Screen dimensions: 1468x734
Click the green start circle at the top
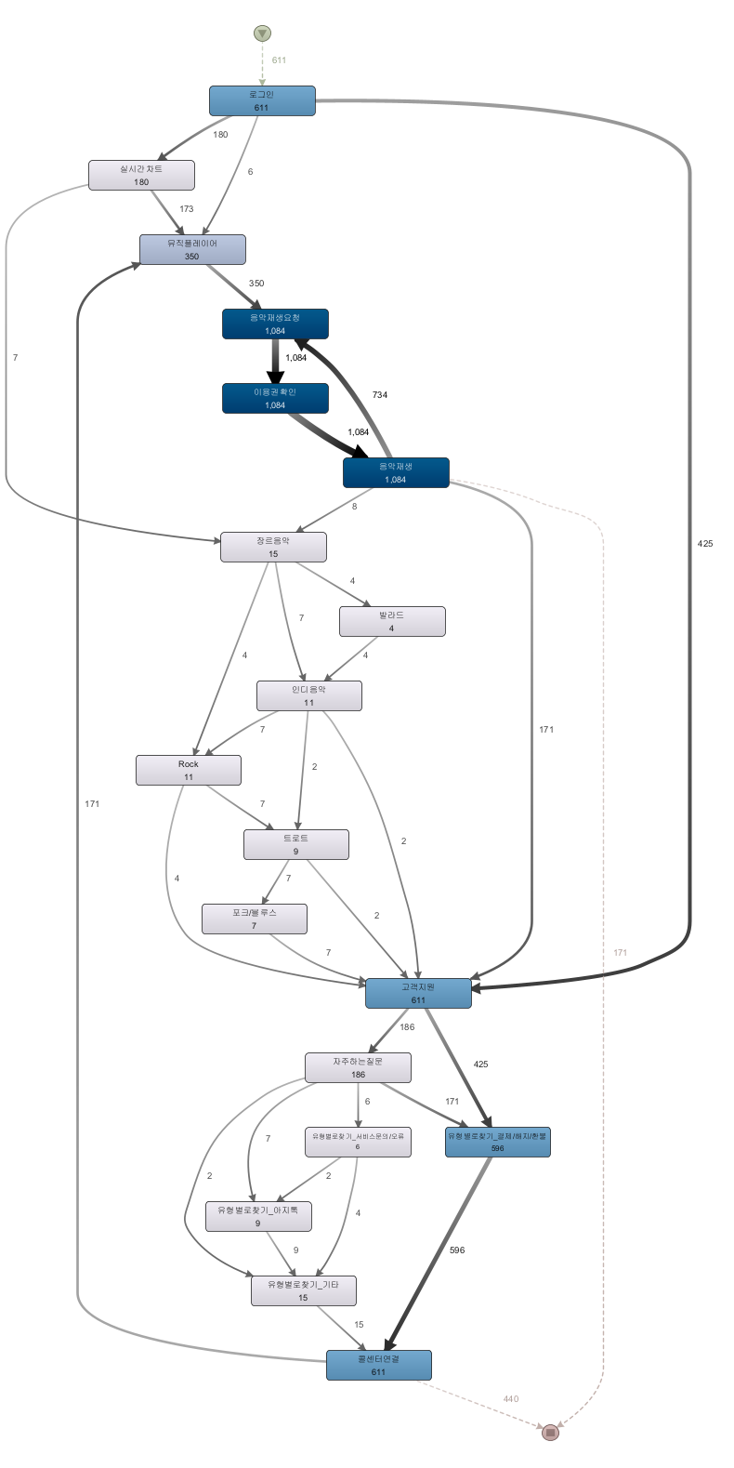(x=262, y=33)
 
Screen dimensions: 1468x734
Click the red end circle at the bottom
(x=550, y=1433)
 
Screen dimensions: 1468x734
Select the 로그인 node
(x=262, y=100)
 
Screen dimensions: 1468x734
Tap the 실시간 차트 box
(x=141, y=175)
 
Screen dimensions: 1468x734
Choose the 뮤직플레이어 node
(x=192, y=249)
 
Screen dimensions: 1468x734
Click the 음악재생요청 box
(x=275, y=324)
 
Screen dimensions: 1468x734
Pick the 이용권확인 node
(x=275, y=398)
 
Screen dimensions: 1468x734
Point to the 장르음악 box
(x=273, y=547)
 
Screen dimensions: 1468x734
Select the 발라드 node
(x=392, y=621)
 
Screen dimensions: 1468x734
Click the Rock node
(x=189, y=770)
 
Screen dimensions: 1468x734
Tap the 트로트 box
(x=296, y=844)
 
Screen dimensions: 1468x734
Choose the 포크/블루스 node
(x=255, y=919)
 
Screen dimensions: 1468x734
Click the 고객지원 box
(x=418, y=993)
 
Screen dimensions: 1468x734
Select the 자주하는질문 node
(x=359, y=1067)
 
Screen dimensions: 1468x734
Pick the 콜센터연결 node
(x=379, y=1365)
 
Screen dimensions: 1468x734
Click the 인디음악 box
(x=309, y=695)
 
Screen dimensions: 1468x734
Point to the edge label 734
(x=380, y=395)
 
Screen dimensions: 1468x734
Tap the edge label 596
(x=457, y=1250)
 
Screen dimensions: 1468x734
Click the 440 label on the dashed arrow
(x=511, y=1399)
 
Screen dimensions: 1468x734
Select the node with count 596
(x=498, y=1142)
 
